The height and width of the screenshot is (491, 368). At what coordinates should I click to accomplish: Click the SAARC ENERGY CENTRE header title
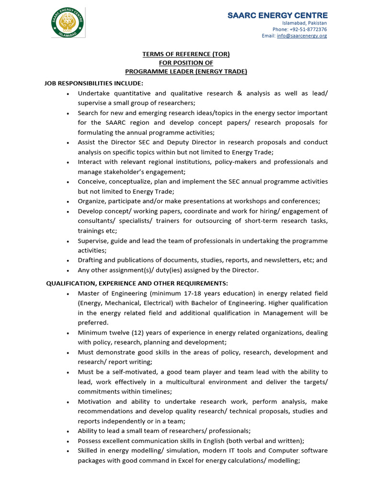tap(277, 15)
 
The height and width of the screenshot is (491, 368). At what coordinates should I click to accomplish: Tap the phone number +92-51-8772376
tap(299, 29)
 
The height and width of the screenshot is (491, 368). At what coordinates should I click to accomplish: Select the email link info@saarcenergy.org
tap(301, 36)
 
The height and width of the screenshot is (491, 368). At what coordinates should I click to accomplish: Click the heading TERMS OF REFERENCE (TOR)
tap(186, 54)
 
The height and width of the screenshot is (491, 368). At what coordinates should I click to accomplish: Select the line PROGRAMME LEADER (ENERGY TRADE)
tap(186, 71)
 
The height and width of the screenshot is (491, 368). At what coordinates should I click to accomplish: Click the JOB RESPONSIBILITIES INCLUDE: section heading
tap(94, 83)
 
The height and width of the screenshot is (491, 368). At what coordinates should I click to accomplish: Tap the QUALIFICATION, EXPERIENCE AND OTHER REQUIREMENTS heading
tap(137, 283)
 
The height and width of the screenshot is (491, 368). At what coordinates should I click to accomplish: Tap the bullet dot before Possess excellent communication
tap(68, 441)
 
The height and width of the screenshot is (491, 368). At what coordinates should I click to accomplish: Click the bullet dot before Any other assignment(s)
tap(68, 270)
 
